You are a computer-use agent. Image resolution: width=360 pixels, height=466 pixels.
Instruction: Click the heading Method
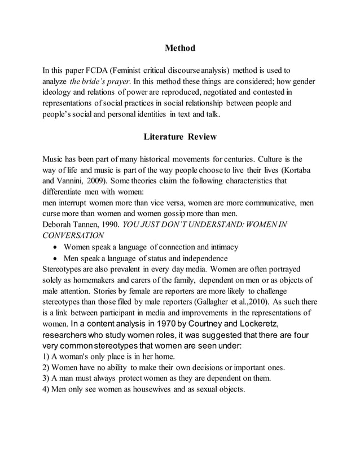point(179,48)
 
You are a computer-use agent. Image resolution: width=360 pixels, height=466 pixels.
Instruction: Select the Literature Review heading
point(179,137)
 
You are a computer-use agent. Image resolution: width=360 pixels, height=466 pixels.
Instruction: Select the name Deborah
point(59,225)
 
